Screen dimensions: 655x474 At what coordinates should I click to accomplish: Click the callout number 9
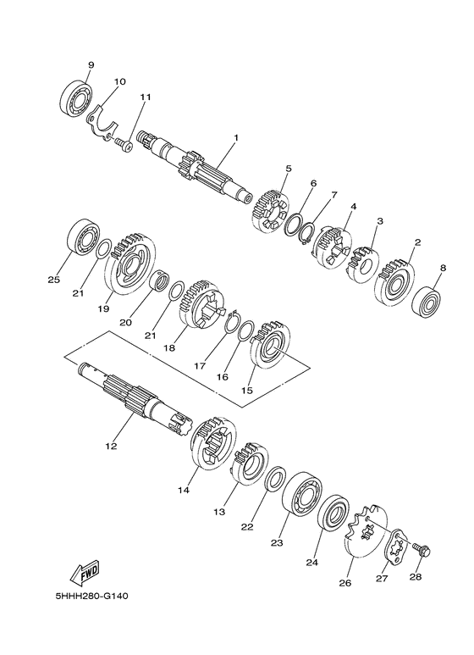(x=91, y=65)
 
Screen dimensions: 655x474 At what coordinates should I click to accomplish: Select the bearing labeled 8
(x=430, y=301)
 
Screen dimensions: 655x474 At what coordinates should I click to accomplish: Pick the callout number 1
(x=236, y=137)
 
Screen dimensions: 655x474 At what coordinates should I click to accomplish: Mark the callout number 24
(x=310, y=561)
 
